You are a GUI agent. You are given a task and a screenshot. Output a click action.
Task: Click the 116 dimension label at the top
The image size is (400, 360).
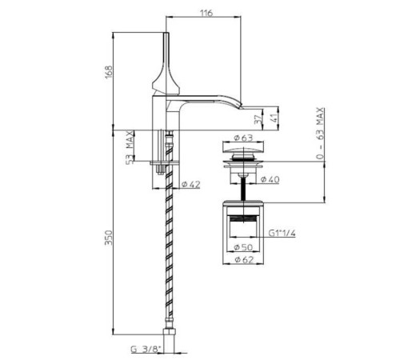(x=206, y=13)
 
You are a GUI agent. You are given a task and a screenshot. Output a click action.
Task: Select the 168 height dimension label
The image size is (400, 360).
(x=109, y=72)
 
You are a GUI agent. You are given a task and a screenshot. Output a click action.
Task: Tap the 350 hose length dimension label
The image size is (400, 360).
(x=109, y=238)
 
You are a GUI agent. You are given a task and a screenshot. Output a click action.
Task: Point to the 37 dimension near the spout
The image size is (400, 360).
(x=258, y=119)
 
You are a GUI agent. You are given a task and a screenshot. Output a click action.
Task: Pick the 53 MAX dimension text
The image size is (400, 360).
(x=130, y=147)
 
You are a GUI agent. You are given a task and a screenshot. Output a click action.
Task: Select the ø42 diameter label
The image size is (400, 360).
(x=190, y=184)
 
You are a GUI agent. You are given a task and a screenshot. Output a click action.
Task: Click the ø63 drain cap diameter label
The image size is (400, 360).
(x=243, y=138)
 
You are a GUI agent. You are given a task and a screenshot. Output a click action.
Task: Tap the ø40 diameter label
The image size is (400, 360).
(x=270, y=179)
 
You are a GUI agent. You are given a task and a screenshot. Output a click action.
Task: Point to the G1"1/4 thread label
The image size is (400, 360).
(x=282, y=234)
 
